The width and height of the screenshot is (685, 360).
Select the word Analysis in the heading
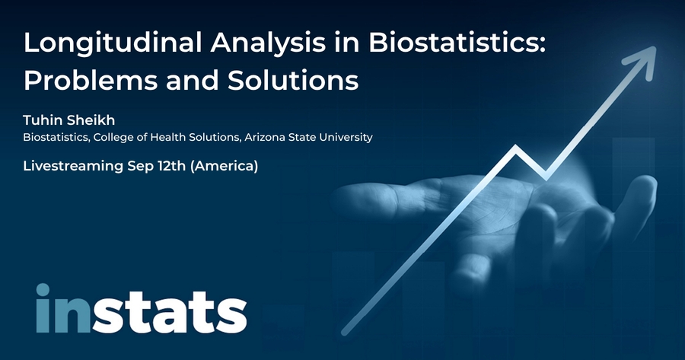pos(268,43)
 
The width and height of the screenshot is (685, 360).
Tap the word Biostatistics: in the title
pos(457,42)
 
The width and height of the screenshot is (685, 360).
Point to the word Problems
pos(91,81)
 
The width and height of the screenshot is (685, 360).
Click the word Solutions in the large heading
pos(293,81)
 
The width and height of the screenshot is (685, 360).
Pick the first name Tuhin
pos(41,119)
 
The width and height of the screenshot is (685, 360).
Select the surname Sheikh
pos(89,119)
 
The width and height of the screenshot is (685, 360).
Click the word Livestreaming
pos(73,166)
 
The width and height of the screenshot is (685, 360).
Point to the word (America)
pos(224,166)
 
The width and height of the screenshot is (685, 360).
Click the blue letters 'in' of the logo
pos(63,308)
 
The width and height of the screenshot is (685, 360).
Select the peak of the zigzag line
pos(516,147)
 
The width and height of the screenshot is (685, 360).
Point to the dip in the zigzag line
pos(546,177)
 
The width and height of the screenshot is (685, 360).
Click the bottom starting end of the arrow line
pos(344,333)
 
